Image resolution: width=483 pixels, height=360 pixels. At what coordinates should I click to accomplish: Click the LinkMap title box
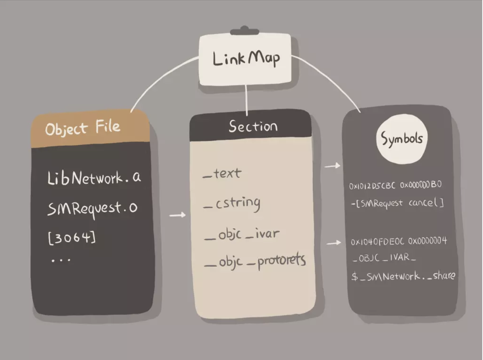pos(245,59)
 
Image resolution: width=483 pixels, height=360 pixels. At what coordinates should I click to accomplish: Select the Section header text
pos(253,127)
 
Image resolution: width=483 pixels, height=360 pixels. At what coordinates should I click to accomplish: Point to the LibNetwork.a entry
pos(94,178)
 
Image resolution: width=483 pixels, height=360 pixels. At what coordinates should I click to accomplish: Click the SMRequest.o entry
pos(92,208)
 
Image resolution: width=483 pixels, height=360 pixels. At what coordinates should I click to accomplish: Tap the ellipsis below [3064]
pos(61,260)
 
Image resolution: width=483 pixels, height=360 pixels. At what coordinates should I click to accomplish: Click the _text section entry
pos(222,173)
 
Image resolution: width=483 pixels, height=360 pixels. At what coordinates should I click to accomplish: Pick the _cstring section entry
pos(232,203)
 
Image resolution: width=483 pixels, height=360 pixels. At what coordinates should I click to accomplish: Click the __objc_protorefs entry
pos(254,261)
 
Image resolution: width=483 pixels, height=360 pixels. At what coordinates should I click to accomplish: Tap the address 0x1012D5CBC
pos(372,185)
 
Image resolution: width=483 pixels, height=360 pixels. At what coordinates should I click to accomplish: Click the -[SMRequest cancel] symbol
pos(397,203)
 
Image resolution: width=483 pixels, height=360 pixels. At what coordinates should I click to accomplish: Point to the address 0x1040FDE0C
pos(377,242)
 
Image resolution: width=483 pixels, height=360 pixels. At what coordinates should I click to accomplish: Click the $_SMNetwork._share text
pos(403,276)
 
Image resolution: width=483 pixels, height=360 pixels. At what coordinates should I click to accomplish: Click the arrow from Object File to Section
pos(177,215)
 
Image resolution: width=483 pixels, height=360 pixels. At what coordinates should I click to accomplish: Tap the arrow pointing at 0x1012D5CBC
pos(332,166)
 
